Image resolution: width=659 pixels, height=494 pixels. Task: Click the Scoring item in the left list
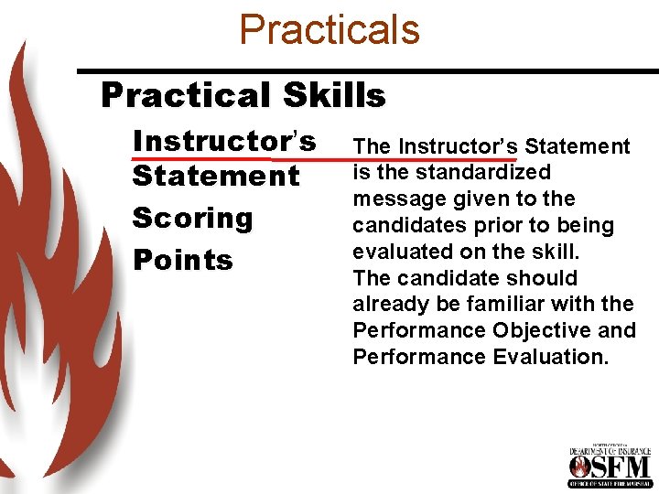tap(192, 218)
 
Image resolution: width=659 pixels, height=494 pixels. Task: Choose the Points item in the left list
tap(183, 260)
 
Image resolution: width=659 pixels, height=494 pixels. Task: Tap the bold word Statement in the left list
tap(216, 176)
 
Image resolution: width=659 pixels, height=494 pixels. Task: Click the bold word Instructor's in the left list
tap(224, 141)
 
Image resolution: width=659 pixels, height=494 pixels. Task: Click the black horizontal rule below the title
tap(366, 70)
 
